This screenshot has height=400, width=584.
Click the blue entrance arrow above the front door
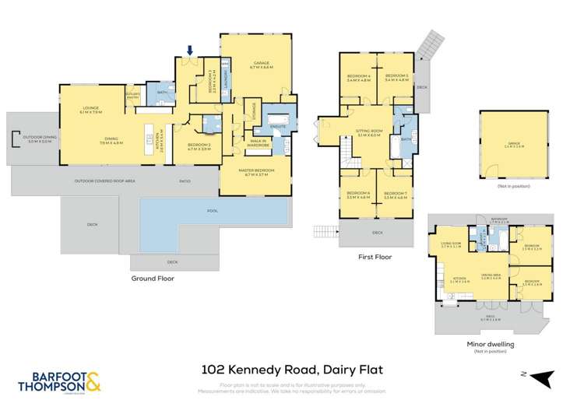pos(188,52)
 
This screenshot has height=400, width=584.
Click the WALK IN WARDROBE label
pos(258,143)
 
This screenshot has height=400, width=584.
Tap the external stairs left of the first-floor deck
pos(325,231)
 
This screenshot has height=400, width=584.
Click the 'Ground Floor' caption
pos(153,278)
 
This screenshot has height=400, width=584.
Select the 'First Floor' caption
pos(375,256)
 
